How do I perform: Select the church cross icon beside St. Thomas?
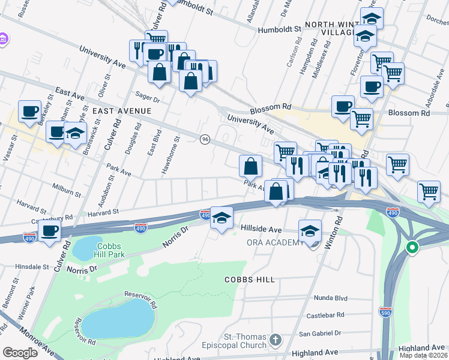(276, 340)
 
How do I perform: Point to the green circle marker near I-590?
(412, 247)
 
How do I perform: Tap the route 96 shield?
(205, 139)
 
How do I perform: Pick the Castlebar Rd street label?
(325, 315)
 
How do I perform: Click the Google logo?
(20, 352)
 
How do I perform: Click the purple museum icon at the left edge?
(4, 39)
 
